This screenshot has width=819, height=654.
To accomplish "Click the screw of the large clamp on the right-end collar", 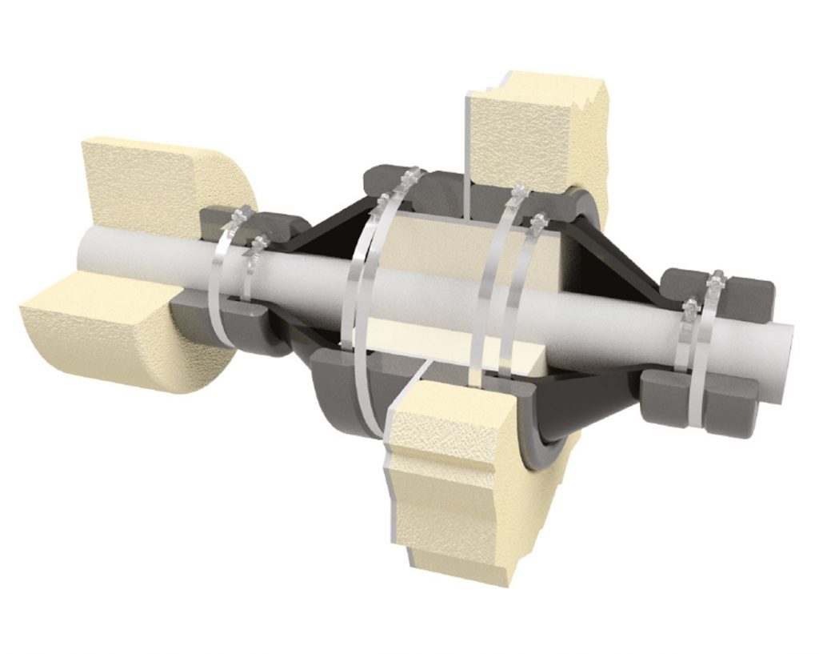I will coord(714,279).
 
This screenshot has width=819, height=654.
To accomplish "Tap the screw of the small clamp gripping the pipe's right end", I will coord(689,306).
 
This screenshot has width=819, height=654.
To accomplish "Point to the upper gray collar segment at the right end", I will coord(744,296).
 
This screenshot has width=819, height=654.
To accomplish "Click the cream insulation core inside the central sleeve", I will coord(448,248).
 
